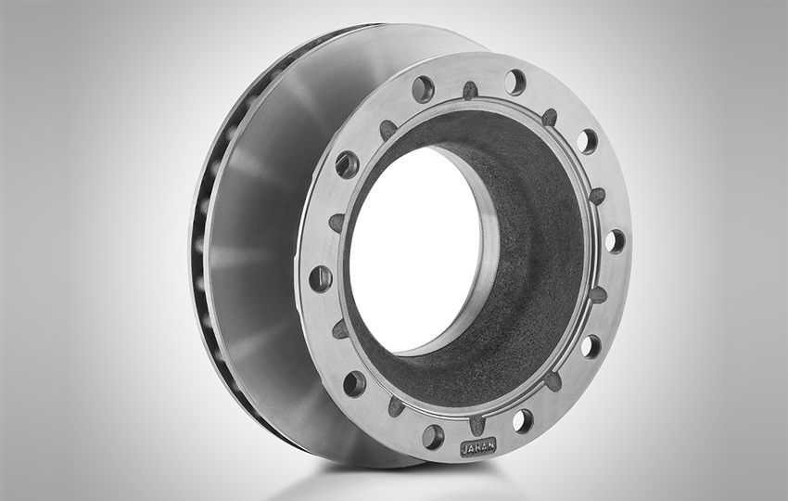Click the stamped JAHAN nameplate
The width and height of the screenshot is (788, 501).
[478, 446]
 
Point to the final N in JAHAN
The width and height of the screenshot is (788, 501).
[490, 444]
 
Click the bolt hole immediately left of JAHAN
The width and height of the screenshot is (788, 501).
[433, 437]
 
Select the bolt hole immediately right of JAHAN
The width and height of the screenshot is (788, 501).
[523, 420]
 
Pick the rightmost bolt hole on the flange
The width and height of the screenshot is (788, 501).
[616, 241]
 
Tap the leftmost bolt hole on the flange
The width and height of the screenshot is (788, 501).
[321, 278]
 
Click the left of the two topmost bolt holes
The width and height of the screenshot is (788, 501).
[423, 88]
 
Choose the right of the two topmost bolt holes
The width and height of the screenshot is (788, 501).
[515, 81]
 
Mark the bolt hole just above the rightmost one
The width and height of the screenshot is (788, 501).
[587, 141]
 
